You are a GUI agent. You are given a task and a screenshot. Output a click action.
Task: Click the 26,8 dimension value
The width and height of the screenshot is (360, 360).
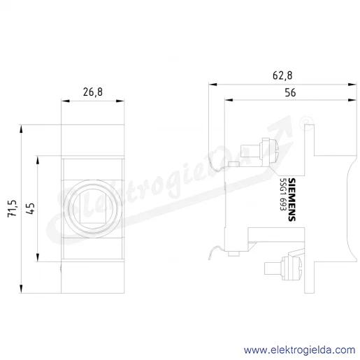[93, 92]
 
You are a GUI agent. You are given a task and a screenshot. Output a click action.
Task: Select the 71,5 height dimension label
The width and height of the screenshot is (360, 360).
[13, 208]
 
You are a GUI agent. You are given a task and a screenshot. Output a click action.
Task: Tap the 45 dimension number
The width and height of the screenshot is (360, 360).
[31, 208]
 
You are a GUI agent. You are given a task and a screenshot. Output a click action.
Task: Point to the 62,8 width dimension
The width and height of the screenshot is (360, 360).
[282, 75]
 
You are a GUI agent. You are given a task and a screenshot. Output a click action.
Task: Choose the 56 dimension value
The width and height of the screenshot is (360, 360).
[290, 93]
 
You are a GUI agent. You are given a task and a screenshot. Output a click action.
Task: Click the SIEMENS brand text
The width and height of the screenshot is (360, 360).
[291, 199]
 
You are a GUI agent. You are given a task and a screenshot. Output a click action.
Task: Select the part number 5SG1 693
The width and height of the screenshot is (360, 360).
[283, 194]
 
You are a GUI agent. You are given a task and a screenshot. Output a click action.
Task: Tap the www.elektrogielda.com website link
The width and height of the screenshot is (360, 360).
[300, 350]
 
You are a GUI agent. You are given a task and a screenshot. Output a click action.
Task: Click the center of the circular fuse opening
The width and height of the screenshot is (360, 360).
[93, 209]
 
